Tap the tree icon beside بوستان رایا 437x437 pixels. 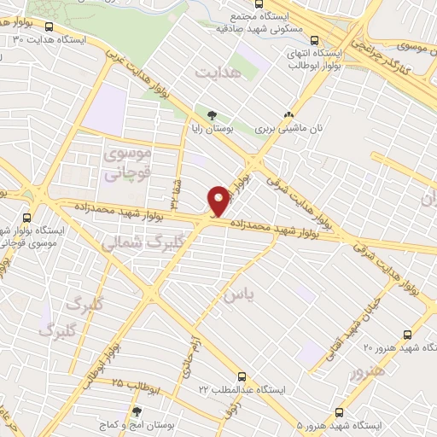coord(211,114)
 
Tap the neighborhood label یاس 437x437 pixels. coord(238,295)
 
